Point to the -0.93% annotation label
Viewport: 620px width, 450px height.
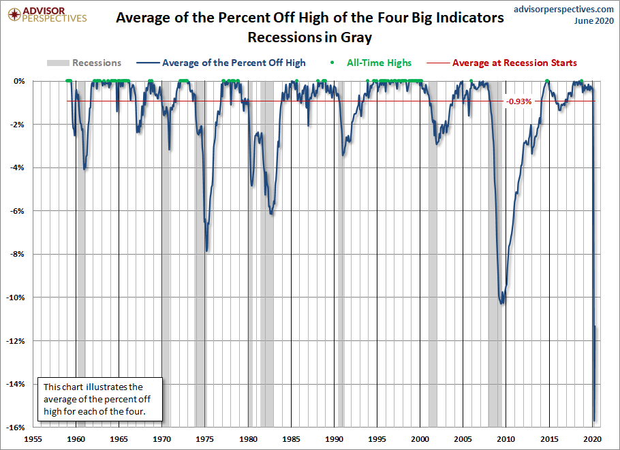point(519,101)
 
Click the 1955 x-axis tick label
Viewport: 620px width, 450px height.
point(33,439)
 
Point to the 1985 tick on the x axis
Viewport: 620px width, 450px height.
point(292,439)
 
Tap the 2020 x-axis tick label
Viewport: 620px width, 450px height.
point(592,439)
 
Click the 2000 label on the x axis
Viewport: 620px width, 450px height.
point(420,439)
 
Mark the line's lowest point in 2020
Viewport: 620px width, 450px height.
point(594,421)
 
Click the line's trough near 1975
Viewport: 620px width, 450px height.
point(206,251)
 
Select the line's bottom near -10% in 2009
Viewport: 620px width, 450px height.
point(503,303)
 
